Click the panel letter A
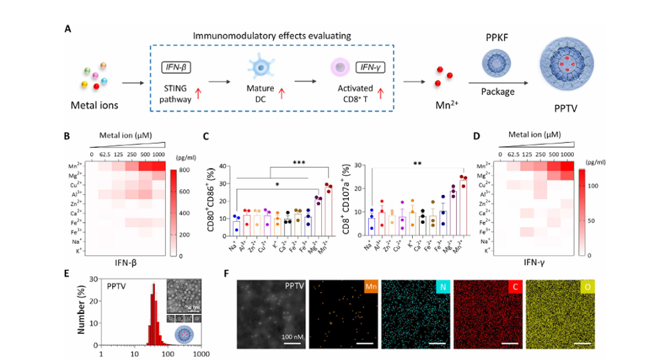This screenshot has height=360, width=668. (x=68, y=29)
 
